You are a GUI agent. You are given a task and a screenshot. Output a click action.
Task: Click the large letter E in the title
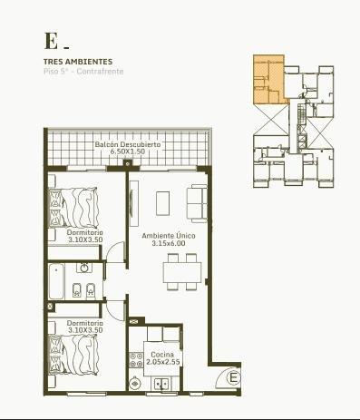(51, 41)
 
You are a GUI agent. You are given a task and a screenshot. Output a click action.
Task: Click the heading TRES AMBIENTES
(78, 62)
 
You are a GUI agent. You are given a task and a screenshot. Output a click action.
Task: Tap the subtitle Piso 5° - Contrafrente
(83, 72)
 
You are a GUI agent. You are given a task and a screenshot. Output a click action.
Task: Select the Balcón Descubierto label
(128, 144)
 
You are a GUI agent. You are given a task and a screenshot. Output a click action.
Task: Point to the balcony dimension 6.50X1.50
(128, 151)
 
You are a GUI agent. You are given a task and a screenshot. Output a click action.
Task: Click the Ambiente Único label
(169, 236)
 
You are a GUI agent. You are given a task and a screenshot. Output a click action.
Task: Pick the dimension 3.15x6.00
(169, 243)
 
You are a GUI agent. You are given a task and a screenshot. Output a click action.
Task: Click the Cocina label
(162, 355)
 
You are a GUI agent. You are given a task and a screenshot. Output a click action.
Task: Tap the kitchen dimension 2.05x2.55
(163, 362)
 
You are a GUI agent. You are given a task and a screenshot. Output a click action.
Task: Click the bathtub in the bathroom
(56, 281)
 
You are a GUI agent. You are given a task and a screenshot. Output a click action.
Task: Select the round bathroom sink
(84, 268)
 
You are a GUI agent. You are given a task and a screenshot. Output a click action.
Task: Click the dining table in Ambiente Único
(182, 272)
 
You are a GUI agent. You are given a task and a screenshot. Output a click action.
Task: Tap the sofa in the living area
(197, 203)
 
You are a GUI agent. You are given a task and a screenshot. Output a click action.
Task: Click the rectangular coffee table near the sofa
(162, 203)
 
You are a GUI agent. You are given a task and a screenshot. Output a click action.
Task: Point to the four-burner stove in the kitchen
(136, 360)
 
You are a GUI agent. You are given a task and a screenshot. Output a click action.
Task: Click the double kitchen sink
(161, 385)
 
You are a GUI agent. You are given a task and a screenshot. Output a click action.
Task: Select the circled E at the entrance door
(233, 377)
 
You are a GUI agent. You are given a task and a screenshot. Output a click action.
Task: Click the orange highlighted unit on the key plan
(269, 79)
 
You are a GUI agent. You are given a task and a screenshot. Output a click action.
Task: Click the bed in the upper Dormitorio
(73, 208)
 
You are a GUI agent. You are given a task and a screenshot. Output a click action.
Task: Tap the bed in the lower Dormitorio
(73, 355)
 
